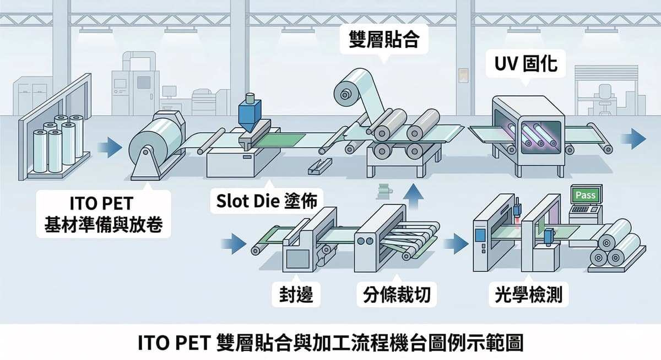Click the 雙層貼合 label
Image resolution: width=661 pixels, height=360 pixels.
coord(384,39)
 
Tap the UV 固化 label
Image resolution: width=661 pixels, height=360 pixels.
coord(523,64)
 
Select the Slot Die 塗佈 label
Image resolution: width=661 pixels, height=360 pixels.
coord(264,202)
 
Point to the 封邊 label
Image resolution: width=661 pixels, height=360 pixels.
coord(292,295)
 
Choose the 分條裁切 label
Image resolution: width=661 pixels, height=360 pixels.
coord(392,295)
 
